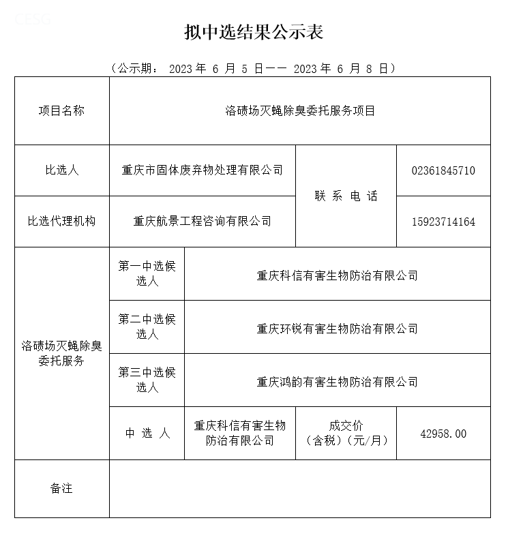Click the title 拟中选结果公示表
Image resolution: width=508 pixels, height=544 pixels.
point(254,31)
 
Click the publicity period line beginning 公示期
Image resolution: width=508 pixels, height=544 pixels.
point(253,68)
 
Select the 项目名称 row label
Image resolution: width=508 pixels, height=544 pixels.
point(61,110)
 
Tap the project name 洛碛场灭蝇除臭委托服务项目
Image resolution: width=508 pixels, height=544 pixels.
point(300,110)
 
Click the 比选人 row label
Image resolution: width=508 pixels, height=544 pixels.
point(61,170)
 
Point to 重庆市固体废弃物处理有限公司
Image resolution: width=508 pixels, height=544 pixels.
point(203,170)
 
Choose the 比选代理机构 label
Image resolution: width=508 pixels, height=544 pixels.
point(61,221)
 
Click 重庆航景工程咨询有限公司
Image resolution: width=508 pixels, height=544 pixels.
point(203,221)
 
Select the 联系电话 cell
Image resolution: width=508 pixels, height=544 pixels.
point(346,196)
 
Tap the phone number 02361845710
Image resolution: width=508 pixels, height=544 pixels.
point(443,170)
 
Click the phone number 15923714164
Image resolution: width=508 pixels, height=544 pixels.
point(443,222)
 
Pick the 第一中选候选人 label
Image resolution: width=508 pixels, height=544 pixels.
point(147,273)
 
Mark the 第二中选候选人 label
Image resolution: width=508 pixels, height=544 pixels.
point(147,327)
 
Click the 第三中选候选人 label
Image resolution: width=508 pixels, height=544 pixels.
point(147,380)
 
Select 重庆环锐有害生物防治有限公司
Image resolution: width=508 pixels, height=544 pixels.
point(337,329)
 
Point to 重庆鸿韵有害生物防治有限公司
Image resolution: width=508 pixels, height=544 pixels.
point(337,382)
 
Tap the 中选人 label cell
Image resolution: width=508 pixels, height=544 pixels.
point(147,434)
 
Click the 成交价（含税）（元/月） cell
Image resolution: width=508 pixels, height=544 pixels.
point(346,433)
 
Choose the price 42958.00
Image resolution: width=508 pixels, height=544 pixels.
point(443,434)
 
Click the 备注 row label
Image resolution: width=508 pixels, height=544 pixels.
point(61,488)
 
